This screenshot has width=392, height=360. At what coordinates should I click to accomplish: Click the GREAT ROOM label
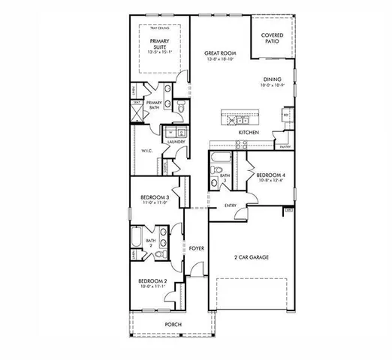[220, 53]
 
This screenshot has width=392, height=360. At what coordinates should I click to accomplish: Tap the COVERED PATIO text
[272, 38]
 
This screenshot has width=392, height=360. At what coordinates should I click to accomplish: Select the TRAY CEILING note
[158, 28]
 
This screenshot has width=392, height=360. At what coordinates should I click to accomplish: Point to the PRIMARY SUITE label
[158, 44]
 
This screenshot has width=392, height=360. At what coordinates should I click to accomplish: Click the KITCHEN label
[249, 133]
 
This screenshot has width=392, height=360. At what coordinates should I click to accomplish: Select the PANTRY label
[285, 146]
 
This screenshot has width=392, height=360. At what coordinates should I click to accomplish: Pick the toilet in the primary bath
[181, 110]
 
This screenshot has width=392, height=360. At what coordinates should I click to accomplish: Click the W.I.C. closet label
[147, 151]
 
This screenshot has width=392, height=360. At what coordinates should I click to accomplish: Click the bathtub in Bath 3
[221, 158]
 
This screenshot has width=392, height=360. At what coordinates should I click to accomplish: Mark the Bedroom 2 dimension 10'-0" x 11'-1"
[153, 286]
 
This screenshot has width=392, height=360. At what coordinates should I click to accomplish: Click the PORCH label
[173, 325]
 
